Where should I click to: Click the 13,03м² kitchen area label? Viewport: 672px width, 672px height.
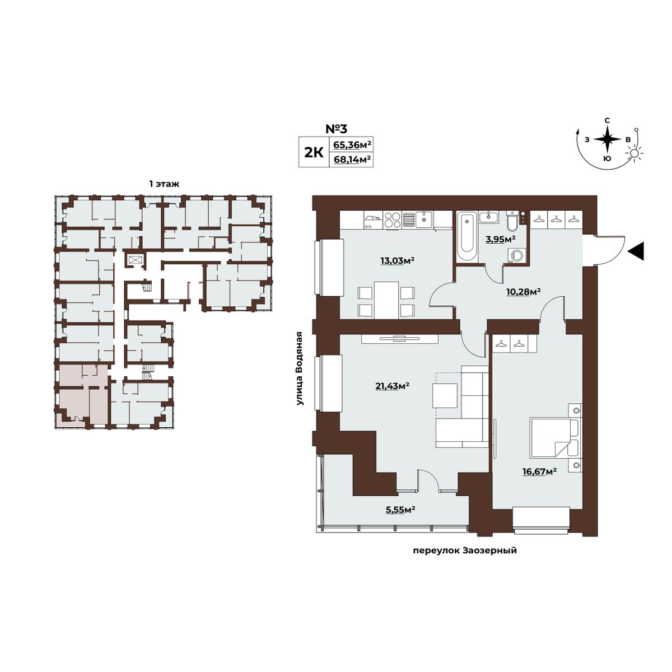click(397, 260)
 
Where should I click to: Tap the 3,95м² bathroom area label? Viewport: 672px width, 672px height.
click(501, 239)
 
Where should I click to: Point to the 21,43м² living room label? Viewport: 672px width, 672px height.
click(391, 386)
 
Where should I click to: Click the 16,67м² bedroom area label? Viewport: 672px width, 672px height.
click(539, 472)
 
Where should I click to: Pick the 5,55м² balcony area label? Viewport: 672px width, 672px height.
click(400, 510)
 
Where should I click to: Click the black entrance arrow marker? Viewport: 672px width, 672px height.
click(636, 251)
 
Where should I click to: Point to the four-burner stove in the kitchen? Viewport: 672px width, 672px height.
click(393, 221)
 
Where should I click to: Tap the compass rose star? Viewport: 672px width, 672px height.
click(607, 139)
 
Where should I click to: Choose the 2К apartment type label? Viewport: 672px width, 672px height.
click(314, 152)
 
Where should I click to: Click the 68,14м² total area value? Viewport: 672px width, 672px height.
click(352, 160)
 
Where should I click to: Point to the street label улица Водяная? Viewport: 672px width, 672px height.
click(300, 368)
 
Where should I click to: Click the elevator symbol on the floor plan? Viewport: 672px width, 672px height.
click(134, 259)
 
